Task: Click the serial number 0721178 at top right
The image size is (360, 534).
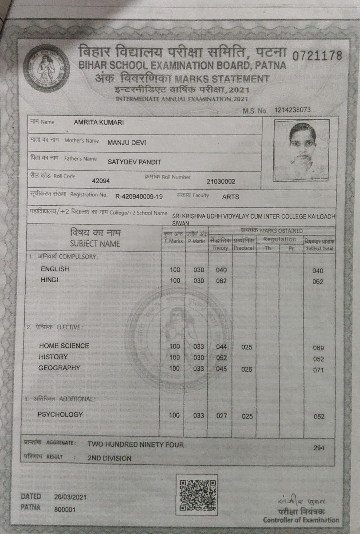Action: pyautogui.click(x=317, y=56)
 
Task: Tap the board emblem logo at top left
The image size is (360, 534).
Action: pyautogui.click(x=45, y=69)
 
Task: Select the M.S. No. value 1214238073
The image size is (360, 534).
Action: pyautogui.click(x=293, y=110)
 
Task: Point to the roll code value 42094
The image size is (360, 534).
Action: pyautogui.click(x=101, y=181)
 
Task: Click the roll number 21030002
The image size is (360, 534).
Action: pyautogui.click(x=221, y=181)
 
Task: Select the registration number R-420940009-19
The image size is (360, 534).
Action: pyautogui.click(x=139, y=196)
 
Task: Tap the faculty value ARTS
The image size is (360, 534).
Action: pyautogui.click(x=230, y=197)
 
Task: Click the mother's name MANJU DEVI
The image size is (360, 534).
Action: pyautogui.click(x=127, y=143)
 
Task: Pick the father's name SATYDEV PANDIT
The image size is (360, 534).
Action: pyautogui.click(x=134, y=162)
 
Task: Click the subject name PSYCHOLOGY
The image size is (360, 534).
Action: pyautogui.click(x=60, y=415)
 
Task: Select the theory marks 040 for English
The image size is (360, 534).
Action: pyautogui.click(x=221, y=270)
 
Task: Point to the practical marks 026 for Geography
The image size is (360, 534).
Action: pyautogui.click(x=247, y=369)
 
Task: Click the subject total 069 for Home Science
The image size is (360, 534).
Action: pyautogui.click(x=318, y=348)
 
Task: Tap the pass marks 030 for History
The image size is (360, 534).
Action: pyautogui.click(x=198, y=357)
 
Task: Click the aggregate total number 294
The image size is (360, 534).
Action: pyautogui.click(x=318, y=448)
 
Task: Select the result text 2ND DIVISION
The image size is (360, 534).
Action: pyautogui.click(x=110, y=458)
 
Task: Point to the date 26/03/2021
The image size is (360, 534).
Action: pyautogui.click(x=70, y=497)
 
